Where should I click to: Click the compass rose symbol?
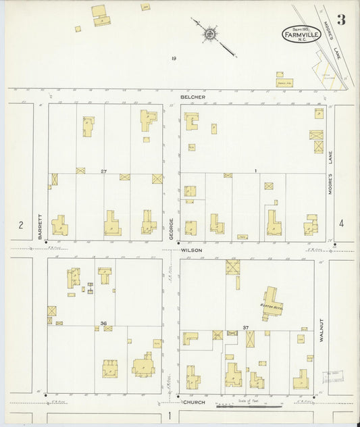[210, 32]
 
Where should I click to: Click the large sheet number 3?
[341, 20]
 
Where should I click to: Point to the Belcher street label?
[192, 97]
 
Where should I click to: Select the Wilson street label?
[191, 250]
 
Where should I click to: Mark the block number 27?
[103, 171]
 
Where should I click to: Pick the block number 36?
[103, 324]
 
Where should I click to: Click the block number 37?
[246, 328]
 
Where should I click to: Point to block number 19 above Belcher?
[174, 59]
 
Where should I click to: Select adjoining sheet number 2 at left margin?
[21, 225]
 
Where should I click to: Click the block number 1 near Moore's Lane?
[256, 171]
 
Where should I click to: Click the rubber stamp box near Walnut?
[332, 374]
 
